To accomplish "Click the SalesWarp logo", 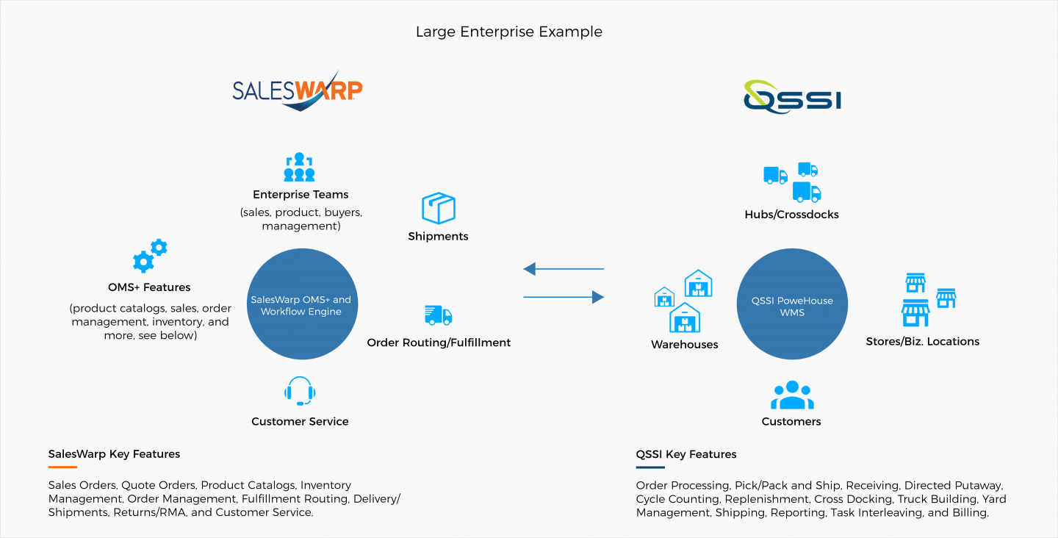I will click(x=298, y=90).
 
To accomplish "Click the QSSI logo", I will click(x=791, y=96).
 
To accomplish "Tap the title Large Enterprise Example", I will click(x=508, y=32).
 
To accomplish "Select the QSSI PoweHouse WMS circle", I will click(x=792, y=306).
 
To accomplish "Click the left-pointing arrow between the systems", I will click(x=564, y=269).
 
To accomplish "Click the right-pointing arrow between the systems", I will click(x=564, y=297).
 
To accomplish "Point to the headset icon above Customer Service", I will click(x=300, y=391).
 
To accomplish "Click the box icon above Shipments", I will click(x=439, y=208).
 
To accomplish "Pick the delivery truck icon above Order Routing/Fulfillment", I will click(x=439, y=315).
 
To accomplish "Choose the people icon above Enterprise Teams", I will click(x=300, y=168).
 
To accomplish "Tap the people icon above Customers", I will click(x=792, y=395).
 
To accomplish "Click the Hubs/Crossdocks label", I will click(x=791, y=215).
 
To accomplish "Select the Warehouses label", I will click(x=684, y=344).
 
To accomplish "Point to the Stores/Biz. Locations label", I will click(x=922, y=341).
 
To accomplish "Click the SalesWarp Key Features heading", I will click(x=114, y=454).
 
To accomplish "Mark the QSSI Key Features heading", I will click(x=686, y=454).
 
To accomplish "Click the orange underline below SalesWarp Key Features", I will click(x=62, y=467).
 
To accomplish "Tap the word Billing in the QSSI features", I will click(x=970, y=513).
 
